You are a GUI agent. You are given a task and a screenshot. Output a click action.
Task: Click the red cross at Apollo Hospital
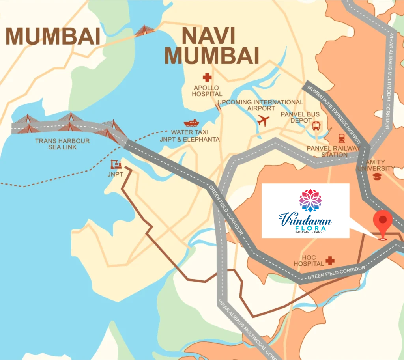tap(207, 77)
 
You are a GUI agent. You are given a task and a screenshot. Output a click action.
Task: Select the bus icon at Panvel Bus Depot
tap(316, 126)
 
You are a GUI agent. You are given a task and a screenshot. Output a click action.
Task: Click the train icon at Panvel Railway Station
tap(341, 138)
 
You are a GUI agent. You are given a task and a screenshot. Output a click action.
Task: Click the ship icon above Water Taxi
tap(191, 123)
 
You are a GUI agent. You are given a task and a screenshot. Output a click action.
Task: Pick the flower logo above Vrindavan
tap(310, 200)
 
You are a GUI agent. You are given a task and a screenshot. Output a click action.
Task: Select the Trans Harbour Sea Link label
tap(62, 144)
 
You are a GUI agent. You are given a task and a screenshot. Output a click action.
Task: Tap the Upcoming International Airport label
tap(260, 105)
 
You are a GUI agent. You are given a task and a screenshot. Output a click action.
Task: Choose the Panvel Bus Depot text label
tap(300, 117)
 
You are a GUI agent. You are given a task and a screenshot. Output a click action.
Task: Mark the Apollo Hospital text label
tap(207, 91)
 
